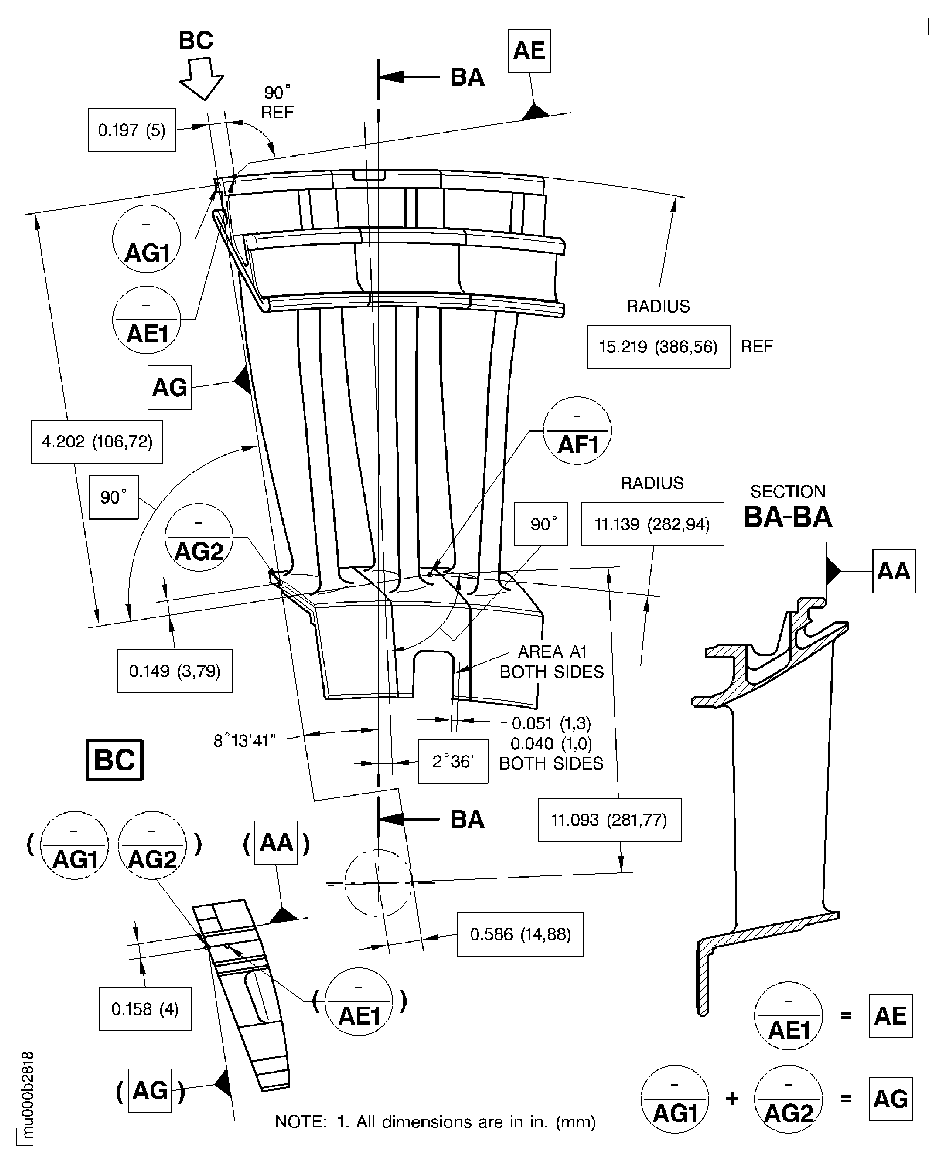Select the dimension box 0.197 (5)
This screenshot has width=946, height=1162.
tap(131, 130)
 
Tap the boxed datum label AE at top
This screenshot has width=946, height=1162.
tap(529, 51)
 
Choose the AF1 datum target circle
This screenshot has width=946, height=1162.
tap(577, 430)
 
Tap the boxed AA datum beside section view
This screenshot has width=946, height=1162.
tap(894, 571)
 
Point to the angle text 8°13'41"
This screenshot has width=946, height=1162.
tap(245, 741)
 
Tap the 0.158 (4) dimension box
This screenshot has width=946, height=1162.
tap(145, 1009)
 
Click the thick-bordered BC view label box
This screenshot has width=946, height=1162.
tap(115, 760)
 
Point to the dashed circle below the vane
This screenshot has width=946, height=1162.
tap(378, 882)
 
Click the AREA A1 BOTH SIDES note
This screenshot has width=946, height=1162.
tap(551, 661)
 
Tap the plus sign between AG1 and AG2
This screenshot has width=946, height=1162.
tap(732, 1099)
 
